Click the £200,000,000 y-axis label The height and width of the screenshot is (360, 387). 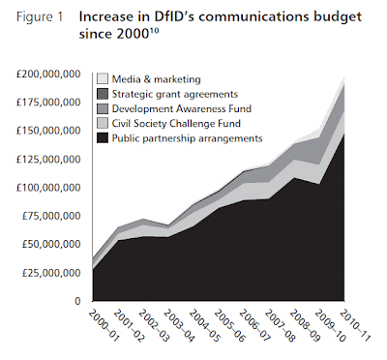pos(48,75)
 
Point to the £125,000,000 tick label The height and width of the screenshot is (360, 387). pos(48,160)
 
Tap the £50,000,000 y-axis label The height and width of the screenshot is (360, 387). pos(51,244)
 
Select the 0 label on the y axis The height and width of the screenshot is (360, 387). pos(77,301)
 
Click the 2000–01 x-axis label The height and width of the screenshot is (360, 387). pos(104,325)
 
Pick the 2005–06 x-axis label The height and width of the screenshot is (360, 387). pos(229,325)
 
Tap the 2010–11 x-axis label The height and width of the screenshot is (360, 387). pos(355,325)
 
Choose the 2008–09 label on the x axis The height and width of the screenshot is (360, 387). pos(305,325)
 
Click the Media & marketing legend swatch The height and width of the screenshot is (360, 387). pos(103,79)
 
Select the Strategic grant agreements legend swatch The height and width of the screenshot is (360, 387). pos(103,94)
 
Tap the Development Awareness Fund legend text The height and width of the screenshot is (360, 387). pos(182,108)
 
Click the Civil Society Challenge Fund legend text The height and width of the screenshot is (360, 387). pos(176,124)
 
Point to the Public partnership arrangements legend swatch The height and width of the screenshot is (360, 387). pos(103,138)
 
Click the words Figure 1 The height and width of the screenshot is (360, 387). pos(40,17)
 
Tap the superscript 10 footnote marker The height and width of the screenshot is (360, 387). pos(154,31)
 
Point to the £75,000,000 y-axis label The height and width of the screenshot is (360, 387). pos(51,216)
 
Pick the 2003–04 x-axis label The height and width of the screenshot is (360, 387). pos(179,325)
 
